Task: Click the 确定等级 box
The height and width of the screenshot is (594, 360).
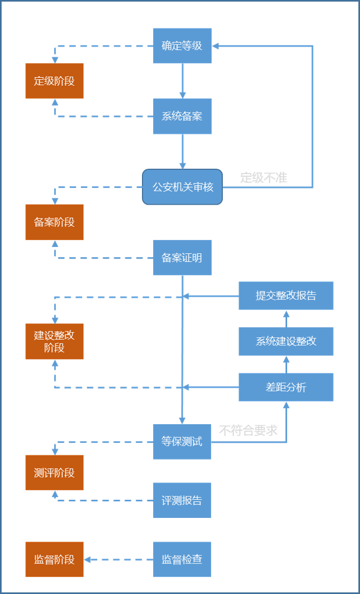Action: coord(182,46)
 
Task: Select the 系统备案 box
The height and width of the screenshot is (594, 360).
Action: coord(182,116)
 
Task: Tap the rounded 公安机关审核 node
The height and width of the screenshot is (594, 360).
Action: coord(182,187)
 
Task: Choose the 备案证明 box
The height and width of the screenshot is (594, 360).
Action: coord(182,258)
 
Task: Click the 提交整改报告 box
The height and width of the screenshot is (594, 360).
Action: coord(286,296)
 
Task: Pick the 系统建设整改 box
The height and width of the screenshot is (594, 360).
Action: coord(286,341)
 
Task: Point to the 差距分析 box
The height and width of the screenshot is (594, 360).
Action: coord(286,387)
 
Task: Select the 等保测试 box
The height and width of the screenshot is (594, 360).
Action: coord(182,442)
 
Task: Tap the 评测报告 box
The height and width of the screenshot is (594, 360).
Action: coord(182,500)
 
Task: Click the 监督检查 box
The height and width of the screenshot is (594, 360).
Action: coord(182,560)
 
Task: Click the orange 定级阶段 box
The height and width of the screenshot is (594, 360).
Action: coord(54,81)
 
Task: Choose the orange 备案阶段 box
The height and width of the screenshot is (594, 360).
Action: coord(54,222)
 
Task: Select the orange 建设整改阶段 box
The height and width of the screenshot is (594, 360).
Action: coord(54,341)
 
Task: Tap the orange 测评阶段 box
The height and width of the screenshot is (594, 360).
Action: coord(54,472)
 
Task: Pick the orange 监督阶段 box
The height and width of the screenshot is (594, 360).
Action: coord(54,560)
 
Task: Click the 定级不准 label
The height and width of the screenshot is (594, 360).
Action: coord(264,178)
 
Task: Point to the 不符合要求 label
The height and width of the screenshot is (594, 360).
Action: coord(248,430)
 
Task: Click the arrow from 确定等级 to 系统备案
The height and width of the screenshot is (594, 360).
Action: coord(183,81)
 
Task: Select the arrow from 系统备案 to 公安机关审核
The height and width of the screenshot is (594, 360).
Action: coord(183,152)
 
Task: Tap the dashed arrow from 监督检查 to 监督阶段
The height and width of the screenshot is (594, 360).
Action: coord(118,560)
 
